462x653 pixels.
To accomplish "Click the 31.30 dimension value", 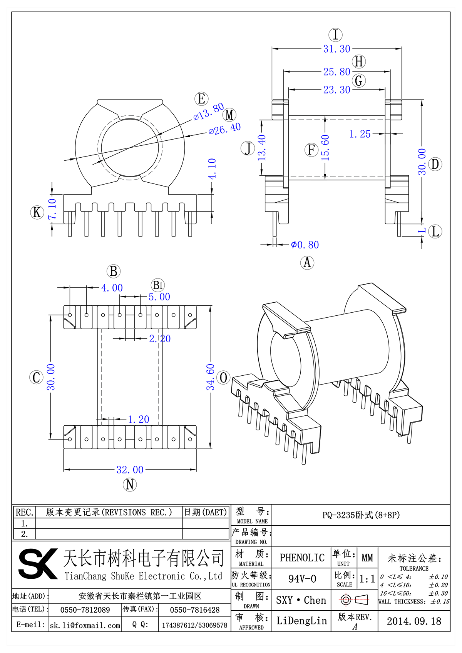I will pos(336,49).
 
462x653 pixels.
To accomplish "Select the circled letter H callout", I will pos(359,62).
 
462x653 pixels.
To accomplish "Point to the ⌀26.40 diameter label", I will pos(224,129).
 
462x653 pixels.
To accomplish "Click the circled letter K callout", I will pos(37,212).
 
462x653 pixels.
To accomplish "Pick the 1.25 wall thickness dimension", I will pos(360,134).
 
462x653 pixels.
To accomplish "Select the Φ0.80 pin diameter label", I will pos(305,245).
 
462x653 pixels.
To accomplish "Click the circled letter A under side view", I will pos(307,263).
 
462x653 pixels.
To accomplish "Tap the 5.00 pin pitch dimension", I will pos(159,297).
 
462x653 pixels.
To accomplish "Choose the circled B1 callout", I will pos(158,285).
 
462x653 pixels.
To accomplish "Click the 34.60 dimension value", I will pos(210,377).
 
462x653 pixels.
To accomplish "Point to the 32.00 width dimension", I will pos(130,470).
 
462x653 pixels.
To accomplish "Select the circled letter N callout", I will pos(130,485).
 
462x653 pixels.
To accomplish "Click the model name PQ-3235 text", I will pos(361,515).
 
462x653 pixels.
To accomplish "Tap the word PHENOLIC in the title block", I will pos(302,558).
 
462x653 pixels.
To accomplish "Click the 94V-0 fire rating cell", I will pos(302,579).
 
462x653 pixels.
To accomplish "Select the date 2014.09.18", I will pos(414,621).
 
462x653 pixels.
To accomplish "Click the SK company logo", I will pos(38,564).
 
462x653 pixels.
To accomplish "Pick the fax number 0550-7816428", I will pos(194,610).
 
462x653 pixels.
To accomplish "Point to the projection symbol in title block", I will pos(354,600).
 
